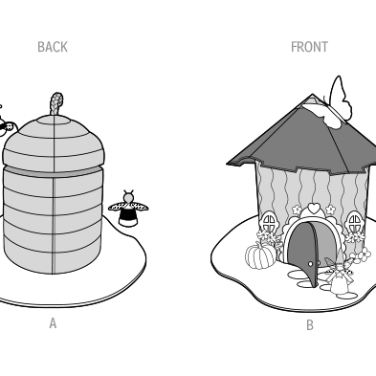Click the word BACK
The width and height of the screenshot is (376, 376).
point(53,47)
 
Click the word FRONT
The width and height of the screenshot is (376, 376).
point(309,47)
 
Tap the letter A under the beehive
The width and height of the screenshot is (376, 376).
point(53,323)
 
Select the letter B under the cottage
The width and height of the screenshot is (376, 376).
point(310,325)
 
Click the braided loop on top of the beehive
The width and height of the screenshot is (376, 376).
point(56,103)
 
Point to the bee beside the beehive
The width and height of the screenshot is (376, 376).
point(128,209)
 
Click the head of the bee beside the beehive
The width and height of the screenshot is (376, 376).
point(128,198)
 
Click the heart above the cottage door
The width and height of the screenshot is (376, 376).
point(315,208)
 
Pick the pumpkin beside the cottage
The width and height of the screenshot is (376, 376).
point(260,255)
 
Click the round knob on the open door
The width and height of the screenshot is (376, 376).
point(311,264)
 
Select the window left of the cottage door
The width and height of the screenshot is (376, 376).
point(270,222)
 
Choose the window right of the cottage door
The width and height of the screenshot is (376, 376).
point(354,222)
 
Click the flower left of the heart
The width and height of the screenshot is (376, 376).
point(297,210)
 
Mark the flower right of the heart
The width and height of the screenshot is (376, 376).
point(331,210)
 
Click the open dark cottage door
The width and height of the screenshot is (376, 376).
point(303,252)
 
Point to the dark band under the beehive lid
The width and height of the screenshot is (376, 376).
point(54,172)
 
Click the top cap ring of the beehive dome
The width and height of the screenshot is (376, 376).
point(55,119)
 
